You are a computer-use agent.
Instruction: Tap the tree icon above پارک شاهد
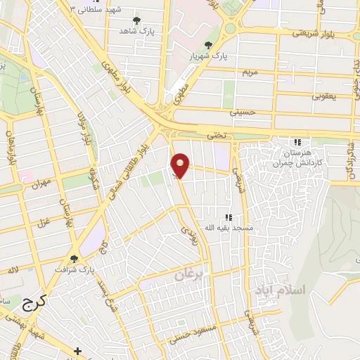(136, 20)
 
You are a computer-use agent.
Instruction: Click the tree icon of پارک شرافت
(74, 259)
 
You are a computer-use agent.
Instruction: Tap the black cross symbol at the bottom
(78, 350)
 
